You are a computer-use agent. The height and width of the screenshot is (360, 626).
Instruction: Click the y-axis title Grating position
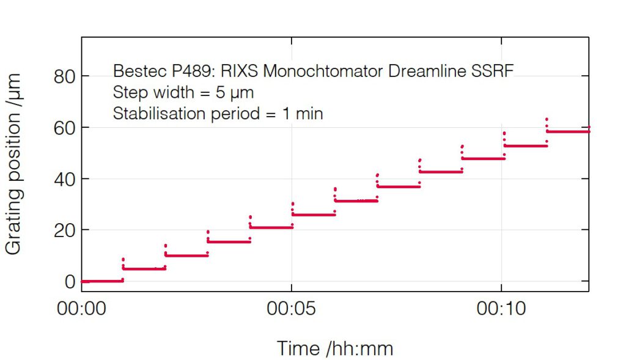click(x=14, y=164)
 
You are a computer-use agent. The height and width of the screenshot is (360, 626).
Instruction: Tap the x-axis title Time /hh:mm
click(x=335, y=348)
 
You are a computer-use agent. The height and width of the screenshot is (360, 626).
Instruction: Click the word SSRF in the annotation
click(x=492, y=72)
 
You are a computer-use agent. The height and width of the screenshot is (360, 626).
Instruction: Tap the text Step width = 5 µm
click(x=183, y=93)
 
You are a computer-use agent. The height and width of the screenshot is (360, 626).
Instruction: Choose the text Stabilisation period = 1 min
click(x=218, y=114)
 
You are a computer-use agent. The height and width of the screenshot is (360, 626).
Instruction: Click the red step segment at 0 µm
click(x=102, y=281)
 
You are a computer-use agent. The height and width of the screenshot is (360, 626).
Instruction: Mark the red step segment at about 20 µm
click(x=271, y=227)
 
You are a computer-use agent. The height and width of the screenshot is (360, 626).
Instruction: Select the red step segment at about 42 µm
click(x=440, y=172)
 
